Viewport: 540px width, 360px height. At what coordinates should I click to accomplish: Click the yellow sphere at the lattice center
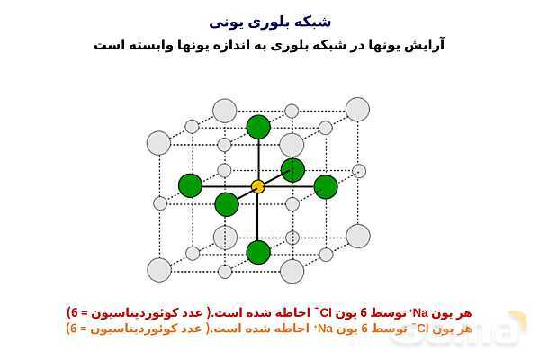pos(258,186)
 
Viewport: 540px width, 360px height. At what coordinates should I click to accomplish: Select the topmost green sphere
pos(258,127)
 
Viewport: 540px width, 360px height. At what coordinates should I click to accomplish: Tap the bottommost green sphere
pos(258,252)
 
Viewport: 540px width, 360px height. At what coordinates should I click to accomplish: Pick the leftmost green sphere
pos(191,185)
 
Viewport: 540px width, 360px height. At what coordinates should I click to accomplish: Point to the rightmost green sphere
pos(326,186)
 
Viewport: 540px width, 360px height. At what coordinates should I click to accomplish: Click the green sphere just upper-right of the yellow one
pos(292,169)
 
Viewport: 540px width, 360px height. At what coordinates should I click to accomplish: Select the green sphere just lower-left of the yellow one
pos(227,204)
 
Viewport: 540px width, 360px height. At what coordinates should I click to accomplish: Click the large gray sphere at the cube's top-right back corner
pos(357,110)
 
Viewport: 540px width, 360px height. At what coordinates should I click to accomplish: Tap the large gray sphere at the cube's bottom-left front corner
pos(159,270)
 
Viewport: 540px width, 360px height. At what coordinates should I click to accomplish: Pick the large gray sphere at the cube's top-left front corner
pos(158,143)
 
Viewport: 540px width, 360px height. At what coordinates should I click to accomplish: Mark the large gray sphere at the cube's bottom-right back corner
pos(358,236)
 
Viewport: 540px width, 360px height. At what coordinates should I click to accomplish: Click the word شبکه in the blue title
pos(313,20)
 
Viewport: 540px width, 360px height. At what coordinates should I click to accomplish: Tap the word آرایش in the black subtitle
pos(424,44)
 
